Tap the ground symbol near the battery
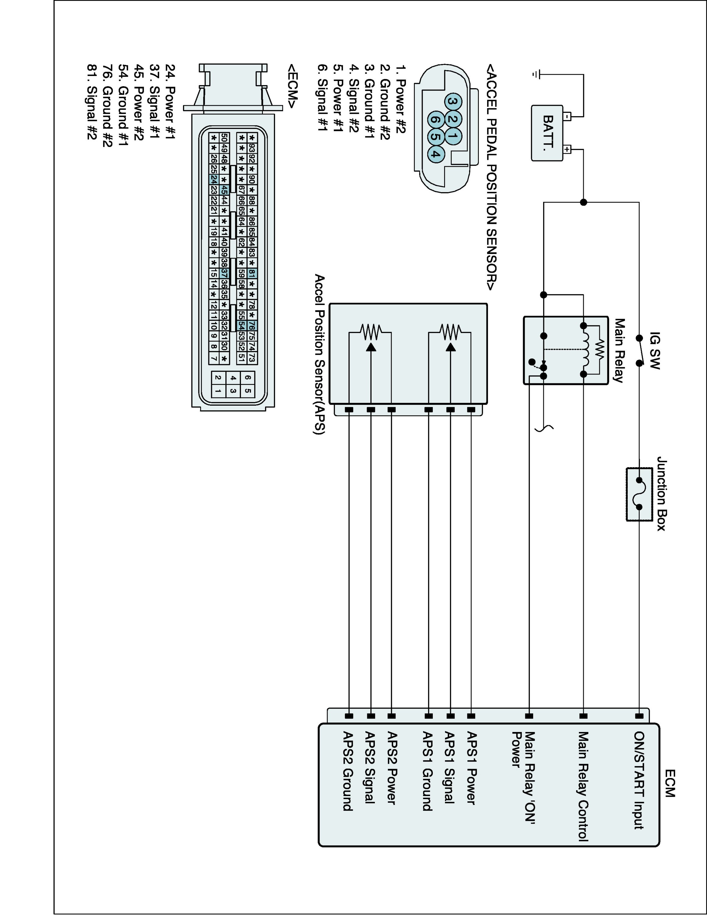[536, 75]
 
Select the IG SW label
[655, 351]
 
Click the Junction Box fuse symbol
[639, 494]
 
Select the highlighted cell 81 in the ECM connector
[252, 274]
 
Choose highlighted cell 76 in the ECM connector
[252, 325]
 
